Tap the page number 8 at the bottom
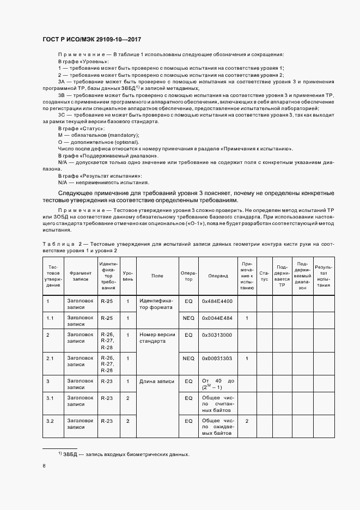coord(44,465)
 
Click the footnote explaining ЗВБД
coord(124,454)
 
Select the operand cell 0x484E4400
coord(217,301)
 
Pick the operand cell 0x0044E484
coord(217,318)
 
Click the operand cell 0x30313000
coord(217,335)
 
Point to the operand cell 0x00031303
coord(217,358)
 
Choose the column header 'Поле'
coord(157,276)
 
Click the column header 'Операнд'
coord(218,276)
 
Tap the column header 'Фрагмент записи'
coord(80,276)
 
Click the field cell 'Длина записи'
coord(154,381)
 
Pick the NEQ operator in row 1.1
coord(188,318)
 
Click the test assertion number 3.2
coord(50,421)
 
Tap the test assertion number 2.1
coord(50,358)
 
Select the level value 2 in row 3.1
coord(127,398)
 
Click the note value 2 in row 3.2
coord(247,421)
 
